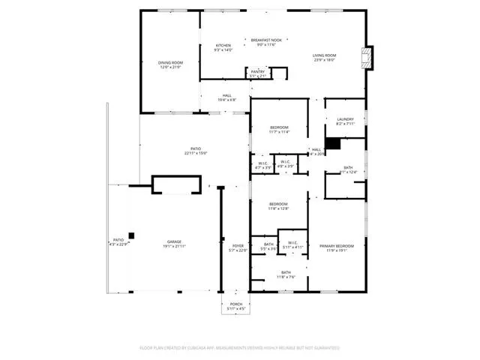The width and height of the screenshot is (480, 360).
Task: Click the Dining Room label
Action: (171, 63)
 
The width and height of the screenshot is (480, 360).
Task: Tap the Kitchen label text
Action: (223, 46)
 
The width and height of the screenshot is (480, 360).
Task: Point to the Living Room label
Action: (324, 55)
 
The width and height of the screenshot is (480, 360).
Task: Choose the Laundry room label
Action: (345, 118)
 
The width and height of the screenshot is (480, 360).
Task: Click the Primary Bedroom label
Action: (337, 246)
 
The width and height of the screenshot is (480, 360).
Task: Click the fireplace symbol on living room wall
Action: (366, 58)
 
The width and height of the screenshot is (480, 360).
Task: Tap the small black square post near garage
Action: (131, 235)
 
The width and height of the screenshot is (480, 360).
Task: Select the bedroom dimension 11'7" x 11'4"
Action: (279, 132)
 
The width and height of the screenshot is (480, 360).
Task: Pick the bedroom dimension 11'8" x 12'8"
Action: (279, 209)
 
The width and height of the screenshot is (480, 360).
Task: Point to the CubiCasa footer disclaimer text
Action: (240, 347)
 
